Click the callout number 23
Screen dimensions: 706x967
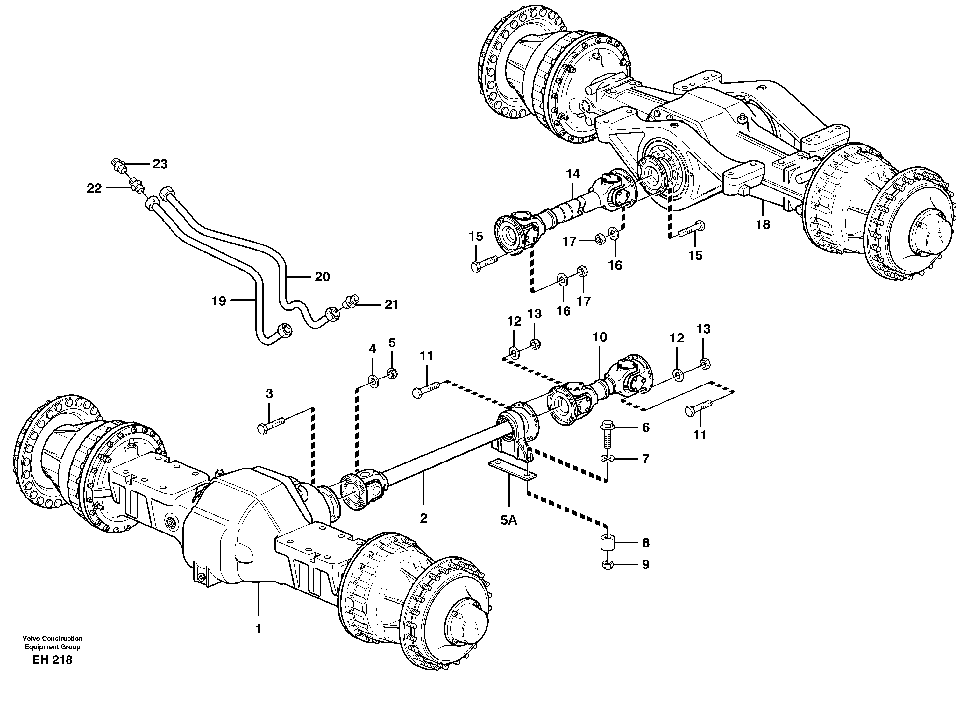160,164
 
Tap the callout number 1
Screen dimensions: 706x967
258,629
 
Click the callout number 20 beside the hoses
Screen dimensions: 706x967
322,277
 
